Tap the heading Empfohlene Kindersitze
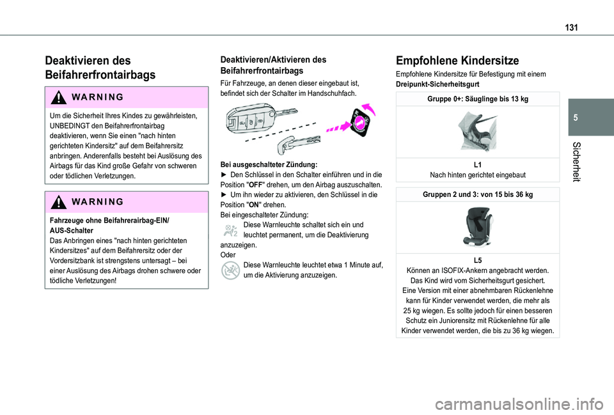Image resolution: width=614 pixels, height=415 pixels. pyautogui.click(x=457, y=61)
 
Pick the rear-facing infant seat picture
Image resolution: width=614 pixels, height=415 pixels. pyautogui.click(x=477, y=132)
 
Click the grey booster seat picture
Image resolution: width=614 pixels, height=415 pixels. pyautogui.click(x=477, y=227)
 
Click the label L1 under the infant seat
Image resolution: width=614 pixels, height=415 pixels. pyautogui.click(x=478, y=165)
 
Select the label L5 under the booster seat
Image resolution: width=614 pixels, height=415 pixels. pyautogui.click(x=478, y=261)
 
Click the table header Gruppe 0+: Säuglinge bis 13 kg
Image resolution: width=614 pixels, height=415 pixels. pyautogui.click(x=478, y=99)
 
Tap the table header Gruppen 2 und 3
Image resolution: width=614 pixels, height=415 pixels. pyautogui.click(x=478, y=194)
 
